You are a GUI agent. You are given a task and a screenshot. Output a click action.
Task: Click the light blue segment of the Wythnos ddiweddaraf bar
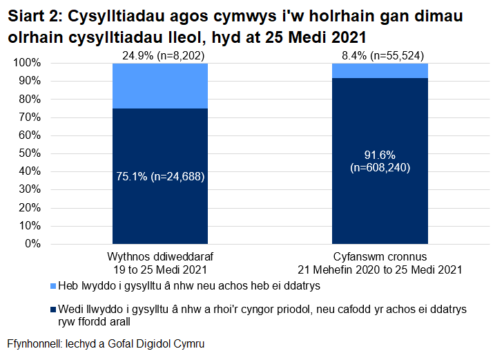(x=160, y=86)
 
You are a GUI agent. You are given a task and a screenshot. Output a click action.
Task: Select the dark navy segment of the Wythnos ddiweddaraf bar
(x=160, y=207)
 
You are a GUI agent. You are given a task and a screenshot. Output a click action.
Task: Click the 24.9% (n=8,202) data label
(x=160, y=56)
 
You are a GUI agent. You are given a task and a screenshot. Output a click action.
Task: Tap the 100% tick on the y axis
(x=28, y=63)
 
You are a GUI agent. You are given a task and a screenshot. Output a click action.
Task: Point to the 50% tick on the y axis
(x=30, y=153)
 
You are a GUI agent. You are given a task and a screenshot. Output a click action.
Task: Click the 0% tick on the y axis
(x=33, y=244)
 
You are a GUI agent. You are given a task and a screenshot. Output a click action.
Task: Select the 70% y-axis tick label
(x=30, y=117)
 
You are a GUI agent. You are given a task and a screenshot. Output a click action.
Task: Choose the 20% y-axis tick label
(x=30, y=208)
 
